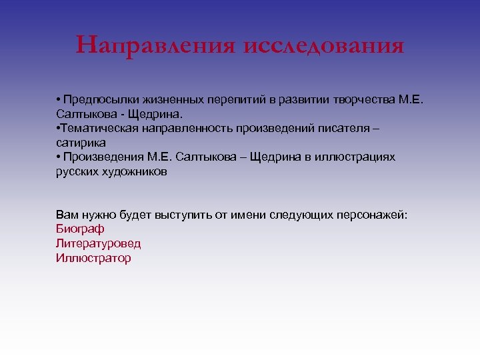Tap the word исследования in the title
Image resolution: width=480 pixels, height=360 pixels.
[x=324, y=46]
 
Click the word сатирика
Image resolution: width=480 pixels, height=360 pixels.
[x=81, y=143]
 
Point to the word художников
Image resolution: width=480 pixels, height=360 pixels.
[x=135, y=171]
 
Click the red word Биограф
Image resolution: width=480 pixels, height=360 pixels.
[x=80, y=229]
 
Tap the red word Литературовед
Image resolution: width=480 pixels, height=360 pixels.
[x=98, y=243]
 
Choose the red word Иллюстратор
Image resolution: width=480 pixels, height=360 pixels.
[x=93, y=257]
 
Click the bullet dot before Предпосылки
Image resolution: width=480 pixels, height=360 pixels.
[x=59, y=100]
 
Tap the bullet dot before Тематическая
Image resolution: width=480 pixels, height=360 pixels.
[x=59, y=128]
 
